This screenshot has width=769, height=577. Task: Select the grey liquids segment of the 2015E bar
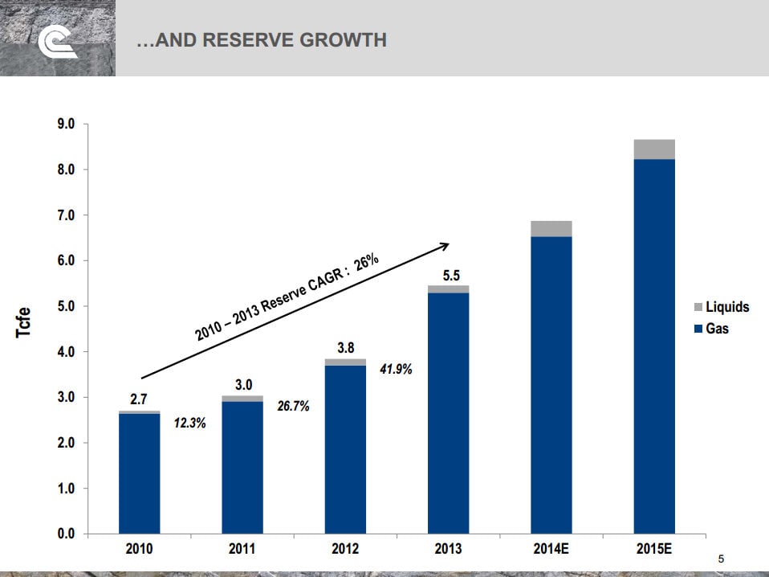point(654,149)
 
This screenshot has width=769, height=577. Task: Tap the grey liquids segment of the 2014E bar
point(551,229)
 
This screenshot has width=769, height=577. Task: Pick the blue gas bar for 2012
point(345,450)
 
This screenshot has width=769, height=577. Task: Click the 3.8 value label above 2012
point(345,348)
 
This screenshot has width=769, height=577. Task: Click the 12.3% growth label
point(189,424)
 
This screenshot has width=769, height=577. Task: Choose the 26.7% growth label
point(293,407)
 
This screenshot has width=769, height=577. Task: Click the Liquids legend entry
point(726,307)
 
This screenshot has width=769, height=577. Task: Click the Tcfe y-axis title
point(24,323)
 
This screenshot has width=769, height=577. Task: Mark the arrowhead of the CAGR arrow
point(445,245)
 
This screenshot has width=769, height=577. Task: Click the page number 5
point(721,559)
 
